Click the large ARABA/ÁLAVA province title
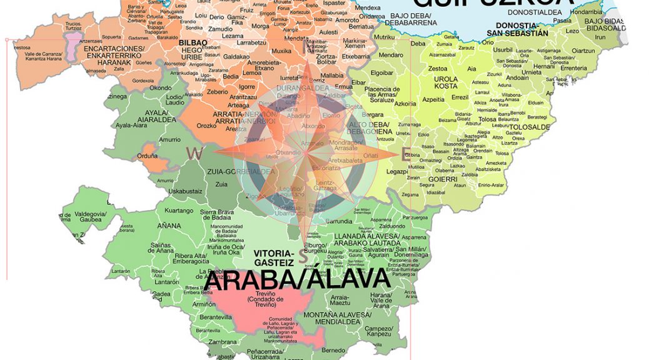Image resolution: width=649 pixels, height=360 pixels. [x=297, y=279]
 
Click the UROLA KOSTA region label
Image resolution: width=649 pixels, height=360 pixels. [x=446, y=82]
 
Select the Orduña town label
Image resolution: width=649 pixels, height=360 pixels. [x=148, y=156]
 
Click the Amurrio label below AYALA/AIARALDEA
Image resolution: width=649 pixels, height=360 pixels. [x=170, y=139]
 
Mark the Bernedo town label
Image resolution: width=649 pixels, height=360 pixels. [x=333, y=350]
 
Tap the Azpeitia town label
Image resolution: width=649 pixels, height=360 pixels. [x=433, y=99]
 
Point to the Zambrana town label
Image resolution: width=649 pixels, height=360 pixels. [x=223, y=342]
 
